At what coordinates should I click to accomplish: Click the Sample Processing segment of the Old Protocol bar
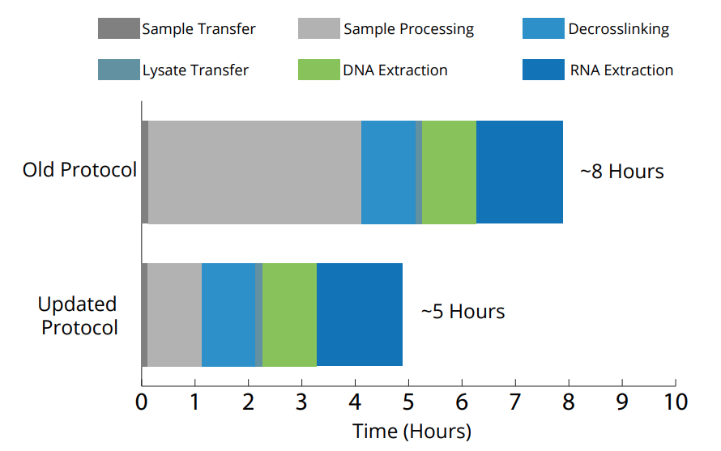coord(254,172)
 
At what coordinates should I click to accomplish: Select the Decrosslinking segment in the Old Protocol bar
coord(388,172)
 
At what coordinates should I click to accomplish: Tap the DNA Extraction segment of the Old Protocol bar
coord(449,172)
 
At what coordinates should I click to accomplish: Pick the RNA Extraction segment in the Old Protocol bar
coord(519,172)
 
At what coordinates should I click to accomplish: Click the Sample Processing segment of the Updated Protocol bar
coord(174,314)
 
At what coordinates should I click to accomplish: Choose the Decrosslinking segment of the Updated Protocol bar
coord(228,314)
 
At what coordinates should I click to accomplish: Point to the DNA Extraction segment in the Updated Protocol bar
coord(289,314)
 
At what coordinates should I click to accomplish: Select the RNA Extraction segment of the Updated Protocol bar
coord(360,314)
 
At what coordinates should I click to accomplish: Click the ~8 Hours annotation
coord(622,172)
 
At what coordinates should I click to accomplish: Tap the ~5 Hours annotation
coord(463,312)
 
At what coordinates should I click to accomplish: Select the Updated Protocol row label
coord(79,316)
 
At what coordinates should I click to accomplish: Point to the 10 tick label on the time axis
coord(676,402)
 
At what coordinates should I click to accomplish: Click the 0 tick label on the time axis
coord(142,402)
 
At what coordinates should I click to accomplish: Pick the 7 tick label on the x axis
coord(515,402)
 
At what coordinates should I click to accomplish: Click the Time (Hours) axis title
coord(412,431)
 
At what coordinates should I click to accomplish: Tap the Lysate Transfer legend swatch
coord(118,70)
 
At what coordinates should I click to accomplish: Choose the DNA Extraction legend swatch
coord(318,70)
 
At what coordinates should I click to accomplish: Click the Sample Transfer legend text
coord(198,29)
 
